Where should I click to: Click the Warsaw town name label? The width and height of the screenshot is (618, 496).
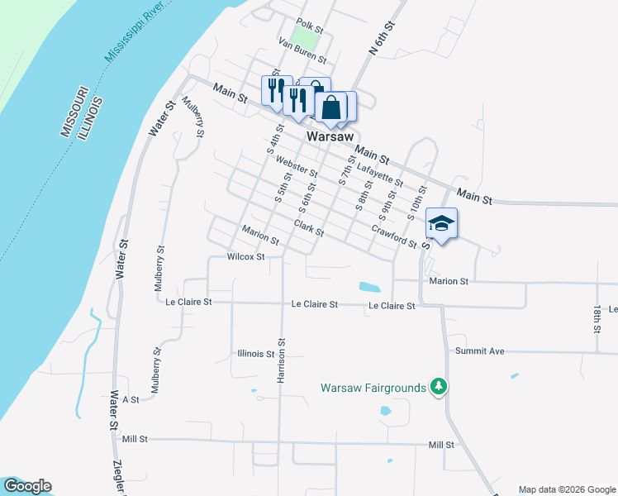tap(330, 136)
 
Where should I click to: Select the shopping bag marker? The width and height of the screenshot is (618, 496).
tap(330, 107)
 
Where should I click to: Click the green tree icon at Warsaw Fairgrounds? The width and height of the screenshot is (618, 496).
tap(440, 387)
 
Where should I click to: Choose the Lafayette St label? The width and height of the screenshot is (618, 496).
tap(379, 174)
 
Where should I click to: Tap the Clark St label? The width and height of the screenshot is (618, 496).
tap(309, 227)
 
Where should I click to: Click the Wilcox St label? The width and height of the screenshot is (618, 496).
tap(245, 257)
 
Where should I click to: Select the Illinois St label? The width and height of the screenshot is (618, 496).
tap(254, 354)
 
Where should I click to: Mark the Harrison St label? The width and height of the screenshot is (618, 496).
tap(282, 360)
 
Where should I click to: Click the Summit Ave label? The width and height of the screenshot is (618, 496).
tap(479, 351)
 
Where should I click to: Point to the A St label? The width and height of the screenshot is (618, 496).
tap(131, 399)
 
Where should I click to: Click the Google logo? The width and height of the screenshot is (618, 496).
tap(27, 486)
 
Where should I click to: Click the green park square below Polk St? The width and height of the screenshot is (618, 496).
tap(307, 38)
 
